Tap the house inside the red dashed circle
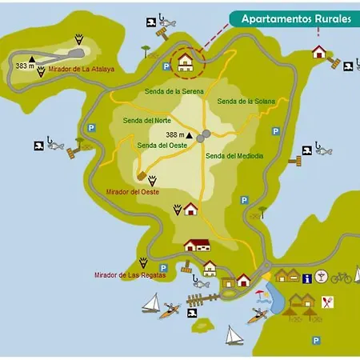[186, 61]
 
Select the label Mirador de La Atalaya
[81, 69]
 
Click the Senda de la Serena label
[174, 92]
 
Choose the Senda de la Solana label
[246, 102]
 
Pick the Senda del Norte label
[146, 121]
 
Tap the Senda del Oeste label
[162, 146]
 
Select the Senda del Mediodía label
[234, 156]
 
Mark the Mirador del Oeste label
[132, 192]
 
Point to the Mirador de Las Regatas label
[130, 275]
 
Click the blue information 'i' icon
[306, 277]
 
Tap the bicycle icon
[342, 278]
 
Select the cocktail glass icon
[322, 277]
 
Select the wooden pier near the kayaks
[203, 299]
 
